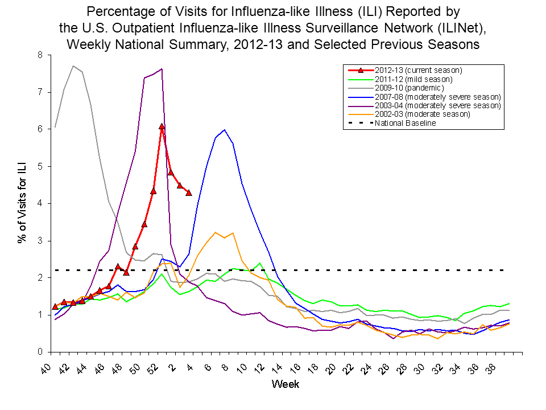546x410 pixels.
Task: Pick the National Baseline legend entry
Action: pos(405,123)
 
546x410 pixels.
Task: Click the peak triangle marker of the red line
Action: pos(162,126)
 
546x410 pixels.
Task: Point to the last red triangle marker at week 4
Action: pos(189,193)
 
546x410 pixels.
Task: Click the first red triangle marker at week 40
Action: pos(55,307)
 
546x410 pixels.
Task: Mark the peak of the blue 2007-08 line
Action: pos(225,130)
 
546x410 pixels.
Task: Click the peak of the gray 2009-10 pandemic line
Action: pos(73,66)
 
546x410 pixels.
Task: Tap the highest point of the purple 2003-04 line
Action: pos(162,69)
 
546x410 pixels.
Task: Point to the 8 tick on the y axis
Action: pos(40,55)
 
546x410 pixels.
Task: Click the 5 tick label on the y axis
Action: pos(40,166)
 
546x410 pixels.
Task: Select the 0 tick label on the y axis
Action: pos(40,352)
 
